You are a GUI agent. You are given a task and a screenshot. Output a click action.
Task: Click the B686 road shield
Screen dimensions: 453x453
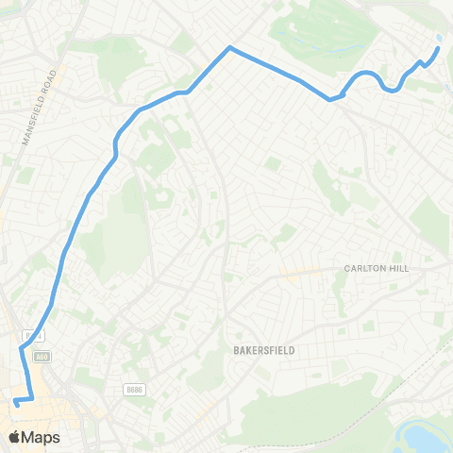[134, 388]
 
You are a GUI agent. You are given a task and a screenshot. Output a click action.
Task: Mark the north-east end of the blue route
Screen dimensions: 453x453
[437, 49]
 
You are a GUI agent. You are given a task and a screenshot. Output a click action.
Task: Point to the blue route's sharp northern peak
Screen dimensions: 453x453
[228, 46]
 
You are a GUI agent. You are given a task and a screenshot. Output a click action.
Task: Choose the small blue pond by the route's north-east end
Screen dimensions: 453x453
[440, 38]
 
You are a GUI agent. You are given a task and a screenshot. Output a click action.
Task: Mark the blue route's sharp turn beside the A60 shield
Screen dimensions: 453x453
[21, 349]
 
